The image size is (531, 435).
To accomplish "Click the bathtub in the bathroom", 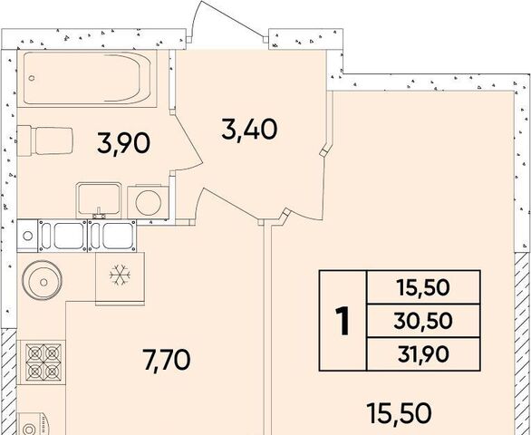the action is pos(87,78).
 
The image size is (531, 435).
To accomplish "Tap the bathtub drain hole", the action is pos(32,78).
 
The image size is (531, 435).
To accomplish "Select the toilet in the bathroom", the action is pos(44,141).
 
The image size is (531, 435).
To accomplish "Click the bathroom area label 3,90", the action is pos(123,143).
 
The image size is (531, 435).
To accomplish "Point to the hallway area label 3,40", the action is pos(249,129).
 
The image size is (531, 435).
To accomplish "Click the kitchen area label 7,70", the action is pos(167,360).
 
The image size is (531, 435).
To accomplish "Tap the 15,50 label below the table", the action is pos(400,413).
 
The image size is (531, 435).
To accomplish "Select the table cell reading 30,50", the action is pos(423,321).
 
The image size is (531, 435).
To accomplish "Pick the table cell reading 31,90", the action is pos(423,354).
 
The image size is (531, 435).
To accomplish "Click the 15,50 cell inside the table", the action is pos(423,287).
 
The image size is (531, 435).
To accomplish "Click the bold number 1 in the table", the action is pos(343,321).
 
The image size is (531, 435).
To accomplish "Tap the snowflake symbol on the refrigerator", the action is pos(120,275).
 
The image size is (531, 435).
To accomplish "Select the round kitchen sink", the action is pos(43,280).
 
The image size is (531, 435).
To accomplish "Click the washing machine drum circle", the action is pos(149,202).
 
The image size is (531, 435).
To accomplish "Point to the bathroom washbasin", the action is pos(99,200).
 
